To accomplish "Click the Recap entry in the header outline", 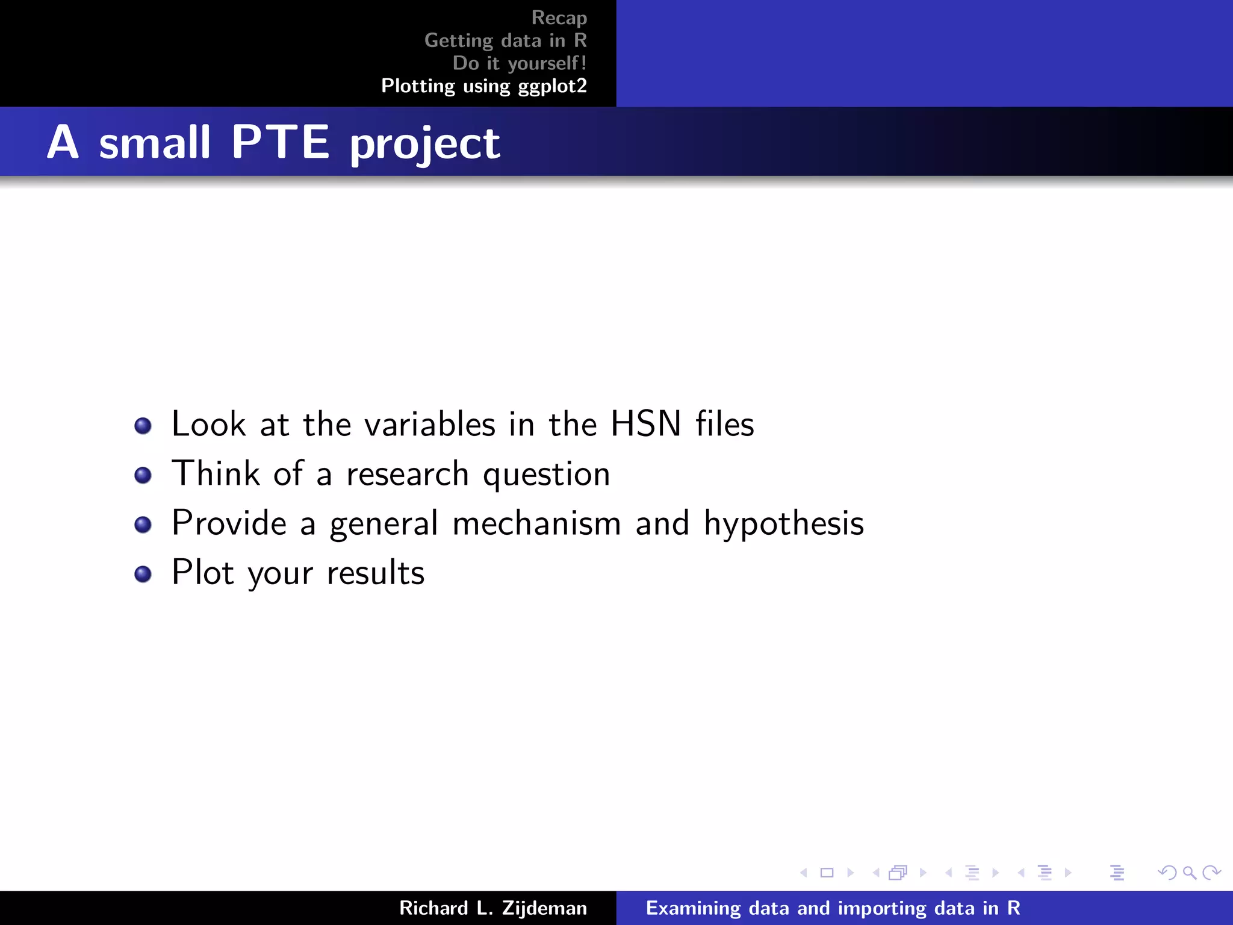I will coord(559,18).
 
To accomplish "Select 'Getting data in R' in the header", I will coord(505,40).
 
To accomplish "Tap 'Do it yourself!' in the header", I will coord(519,63).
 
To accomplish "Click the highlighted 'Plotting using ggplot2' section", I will coord(483,86).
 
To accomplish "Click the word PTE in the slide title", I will coord(281,143).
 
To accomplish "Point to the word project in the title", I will coord(424,145).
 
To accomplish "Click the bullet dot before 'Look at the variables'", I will coord(143,426).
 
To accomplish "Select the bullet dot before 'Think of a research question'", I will coord(143,476).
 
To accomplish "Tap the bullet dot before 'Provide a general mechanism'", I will coord(143,525).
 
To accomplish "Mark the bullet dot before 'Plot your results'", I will coord(143,574).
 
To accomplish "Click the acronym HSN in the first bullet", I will coord(646,424).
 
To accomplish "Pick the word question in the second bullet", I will coord(547,475).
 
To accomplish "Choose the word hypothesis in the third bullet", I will coord(784,523).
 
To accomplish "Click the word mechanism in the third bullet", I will coord(536,523).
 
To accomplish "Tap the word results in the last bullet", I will coord(376,573).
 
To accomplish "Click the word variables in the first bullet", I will coord(430,424).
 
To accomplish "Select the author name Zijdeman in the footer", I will coord(544,908).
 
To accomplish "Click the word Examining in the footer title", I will coord(693,908).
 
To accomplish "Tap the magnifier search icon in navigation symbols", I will coord(1189,873).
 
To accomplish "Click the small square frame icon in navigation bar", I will coord(827,873).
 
